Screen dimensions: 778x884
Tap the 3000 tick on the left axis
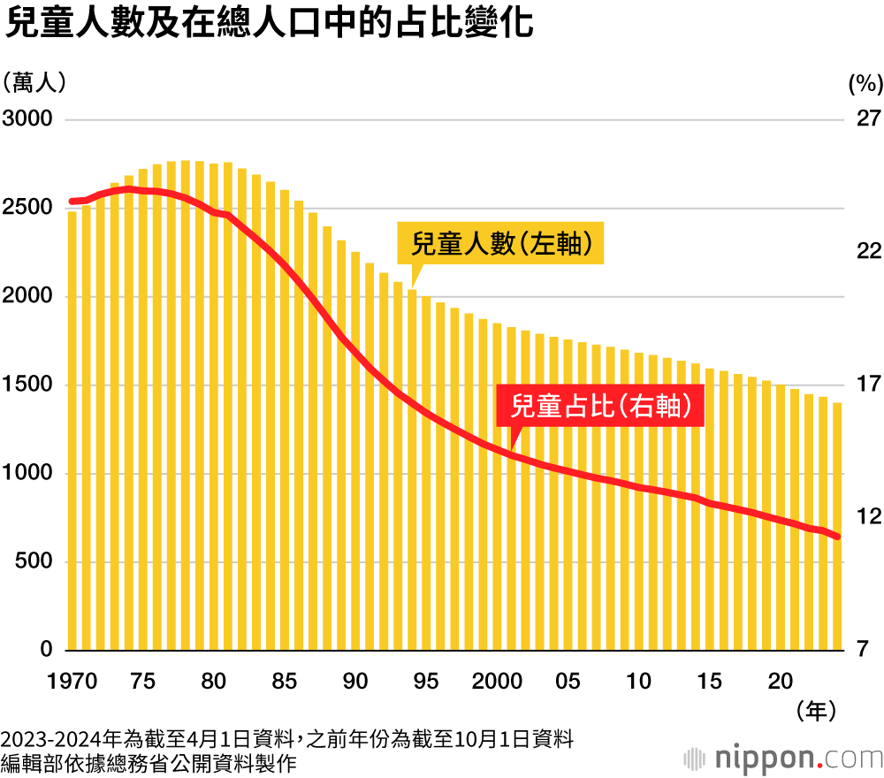click(28, 119)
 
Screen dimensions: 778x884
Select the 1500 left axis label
click(28, 385)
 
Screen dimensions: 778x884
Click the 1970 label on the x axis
click(72, 682)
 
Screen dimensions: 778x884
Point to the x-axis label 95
click(426, 682)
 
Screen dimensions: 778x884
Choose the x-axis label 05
click(568, 682)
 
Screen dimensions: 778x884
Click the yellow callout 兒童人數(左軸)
click(501, 243)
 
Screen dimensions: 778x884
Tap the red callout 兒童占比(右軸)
click(600, 407)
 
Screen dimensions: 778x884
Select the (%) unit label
click(865, 84)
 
